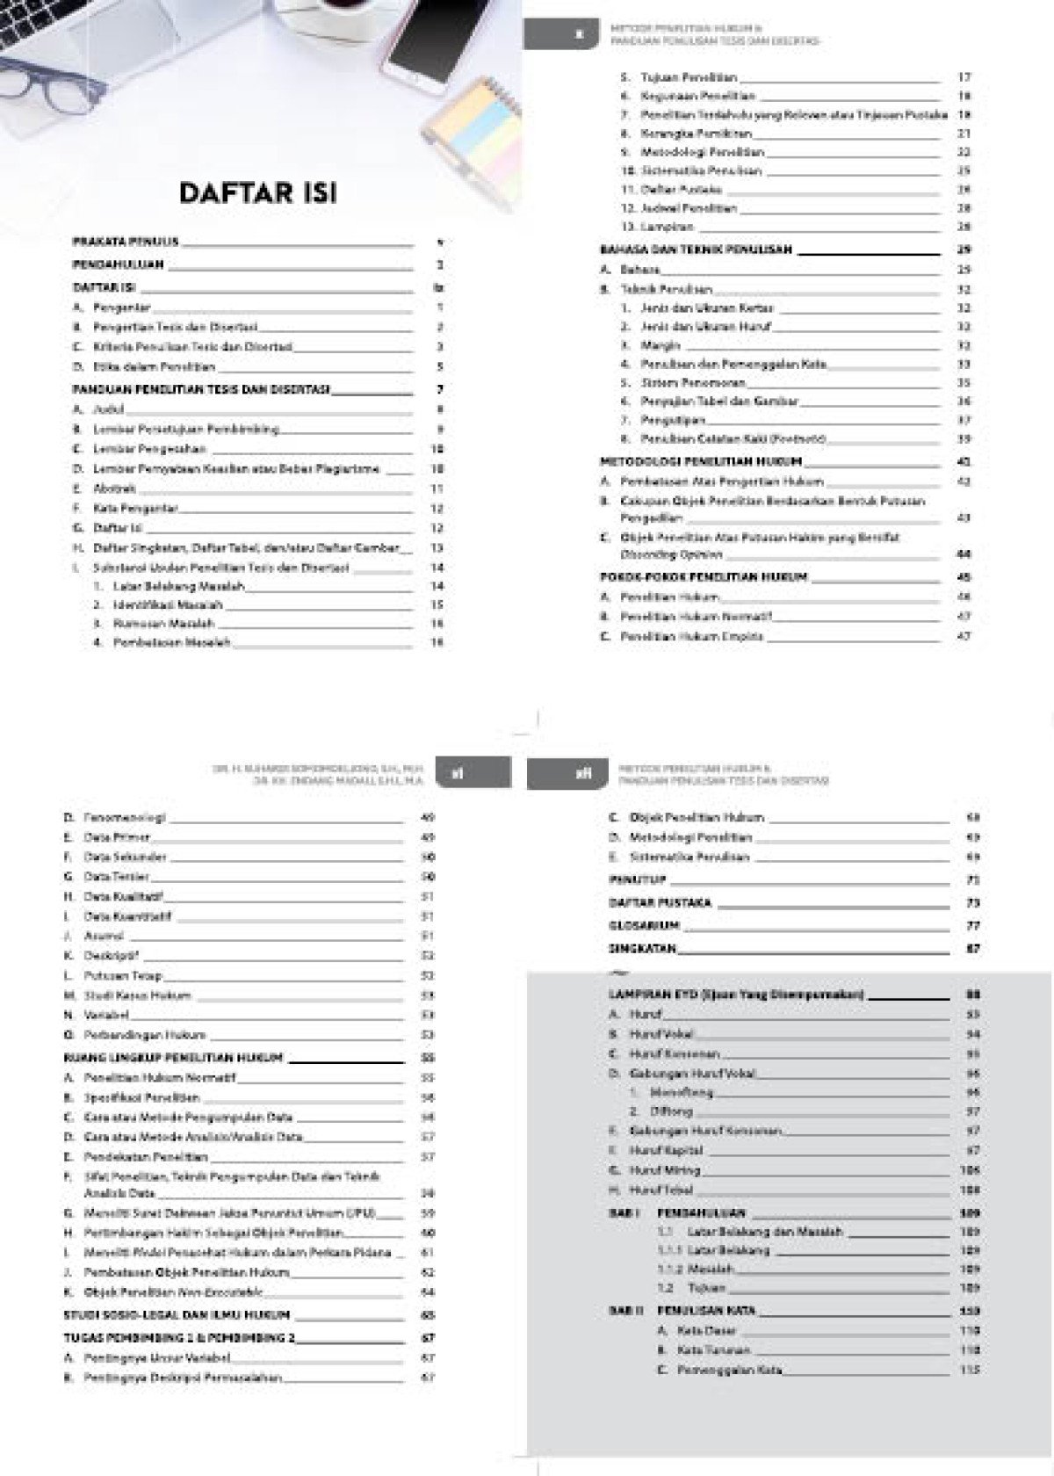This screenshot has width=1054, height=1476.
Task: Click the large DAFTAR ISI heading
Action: point(257,192)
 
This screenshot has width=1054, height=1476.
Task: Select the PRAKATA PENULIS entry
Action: point(126,241)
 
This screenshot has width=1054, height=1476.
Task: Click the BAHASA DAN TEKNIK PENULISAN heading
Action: point(696,250)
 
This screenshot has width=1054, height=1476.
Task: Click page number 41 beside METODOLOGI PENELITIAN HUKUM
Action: point(964,461)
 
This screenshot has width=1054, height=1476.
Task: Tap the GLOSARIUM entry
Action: point(644,925)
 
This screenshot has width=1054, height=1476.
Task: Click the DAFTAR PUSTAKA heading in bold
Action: point(660,902)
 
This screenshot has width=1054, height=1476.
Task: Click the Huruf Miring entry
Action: point(665,1170)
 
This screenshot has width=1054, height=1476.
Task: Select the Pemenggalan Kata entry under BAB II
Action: point(729,1370)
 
